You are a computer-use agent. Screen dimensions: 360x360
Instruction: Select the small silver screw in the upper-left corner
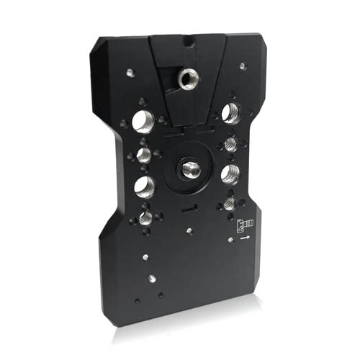(129, 72)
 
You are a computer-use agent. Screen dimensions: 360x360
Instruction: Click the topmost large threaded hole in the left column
(142, 121)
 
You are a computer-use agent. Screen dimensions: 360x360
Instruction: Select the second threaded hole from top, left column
(143, 155)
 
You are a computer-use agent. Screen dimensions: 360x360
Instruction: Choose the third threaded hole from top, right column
(230, 173)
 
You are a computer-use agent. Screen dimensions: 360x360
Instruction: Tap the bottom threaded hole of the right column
(229, 204)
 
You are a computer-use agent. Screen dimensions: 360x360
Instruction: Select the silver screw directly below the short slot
(188, 230)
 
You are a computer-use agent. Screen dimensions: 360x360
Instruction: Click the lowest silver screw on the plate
(152, 277)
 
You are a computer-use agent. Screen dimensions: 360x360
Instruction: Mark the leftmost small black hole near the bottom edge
(137, 300)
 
